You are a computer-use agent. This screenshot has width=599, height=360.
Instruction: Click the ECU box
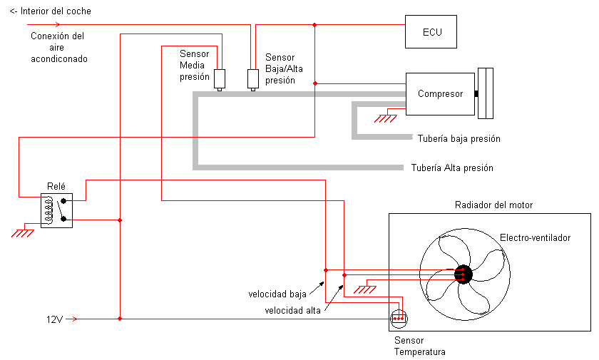pos(431,31)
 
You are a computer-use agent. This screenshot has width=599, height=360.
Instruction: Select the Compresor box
pos(440,94)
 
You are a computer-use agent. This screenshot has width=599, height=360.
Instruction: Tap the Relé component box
pos(56,211)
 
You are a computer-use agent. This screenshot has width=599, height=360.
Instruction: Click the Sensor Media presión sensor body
pos(220,78)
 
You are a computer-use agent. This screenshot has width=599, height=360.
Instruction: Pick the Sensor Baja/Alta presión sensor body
pos(253,78)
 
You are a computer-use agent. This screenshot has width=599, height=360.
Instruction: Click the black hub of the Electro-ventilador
pos(464,274)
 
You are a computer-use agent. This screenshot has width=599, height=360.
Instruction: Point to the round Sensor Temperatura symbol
pos(399,318)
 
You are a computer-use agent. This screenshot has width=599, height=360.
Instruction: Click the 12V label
pos(54,319)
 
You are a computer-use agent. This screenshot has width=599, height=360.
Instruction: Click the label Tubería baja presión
pos(459,138)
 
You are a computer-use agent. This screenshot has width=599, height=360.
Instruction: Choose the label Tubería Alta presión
pos(452,168)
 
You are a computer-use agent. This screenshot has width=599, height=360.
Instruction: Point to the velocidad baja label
pos(277,294)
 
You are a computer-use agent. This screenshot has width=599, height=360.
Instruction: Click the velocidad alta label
pos(292,310)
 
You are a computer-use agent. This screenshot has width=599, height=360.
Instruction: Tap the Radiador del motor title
pos(493,205)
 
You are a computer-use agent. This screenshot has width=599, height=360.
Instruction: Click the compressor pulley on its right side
pos(486,93)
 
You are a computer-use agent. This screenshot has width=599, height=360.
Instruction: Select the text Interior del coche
pos(56,11)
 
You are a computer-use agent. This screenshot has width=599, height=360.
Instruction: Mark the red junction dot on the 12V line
pos(120,319)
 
